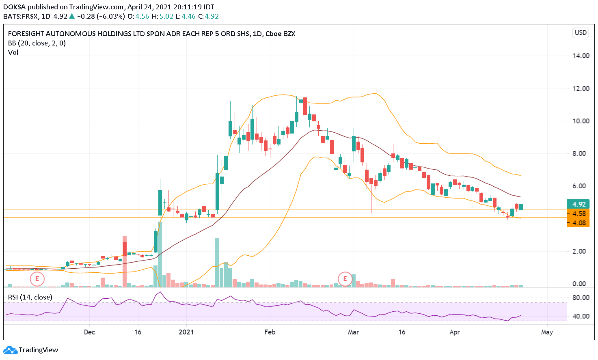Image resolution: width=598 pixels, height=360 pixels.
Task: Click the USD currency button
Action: tap(581, 32)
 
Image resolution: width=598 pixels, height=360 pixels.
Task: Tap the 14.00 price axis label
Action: tap(581, 56)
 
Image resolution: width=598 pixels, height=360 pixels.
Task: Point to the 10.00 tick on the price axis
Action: tap(581, 121)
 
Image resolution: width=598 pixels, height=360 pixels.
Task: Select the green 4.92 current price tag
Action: tap(578, 204)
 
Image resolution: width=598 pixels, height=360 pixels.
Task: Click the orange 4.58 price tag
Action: tap(578, 213)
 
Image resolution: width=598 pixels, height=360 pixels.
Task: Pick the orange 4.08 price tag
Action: tap(578, 223)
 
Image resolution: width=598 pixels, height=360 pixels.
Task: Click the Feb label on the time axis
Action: tap(270, 332)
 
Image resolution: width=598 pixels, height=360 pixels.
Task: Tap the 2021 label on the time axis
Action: tap(186, 332)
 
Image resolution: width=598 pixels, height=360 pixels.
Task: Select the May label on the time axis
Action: tap(547, 332)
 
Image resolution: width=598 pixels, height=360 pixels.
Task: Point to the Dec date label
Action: tap(89, 332)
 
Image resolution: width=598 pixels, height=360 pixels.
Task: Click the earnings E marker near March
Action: tap(345, 279)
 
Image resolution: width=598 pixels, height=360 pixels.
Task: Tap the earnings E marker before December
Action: tap(37, 279)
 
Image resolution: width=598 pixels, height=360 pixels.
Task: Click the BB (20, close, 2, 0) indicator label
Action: tap(37, 43)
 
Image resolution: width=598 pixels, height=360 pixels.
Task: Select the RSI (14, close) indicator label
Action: tap(30, 297)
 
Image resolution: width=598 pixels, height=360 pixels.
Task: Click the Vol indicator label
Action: tap(13, 52)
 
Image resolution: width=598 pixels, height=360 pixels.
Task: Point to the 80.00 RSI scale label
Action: tap(581, 297)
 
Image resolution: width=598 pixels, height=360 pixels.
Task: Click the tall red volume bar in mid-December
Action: tap(125, 262)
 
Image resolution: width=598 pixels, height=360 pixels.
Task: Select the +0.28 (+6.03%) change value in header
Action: tap(101, 16)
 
